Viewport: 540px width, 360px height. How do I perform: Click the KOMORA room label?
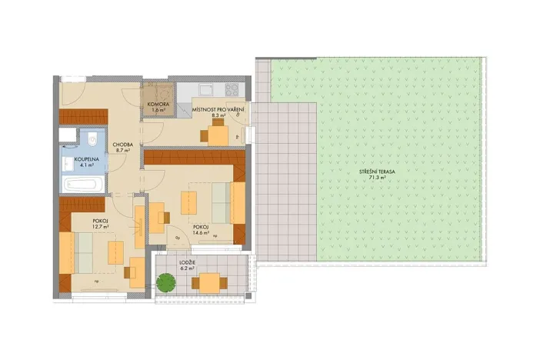click(x=158, y=105)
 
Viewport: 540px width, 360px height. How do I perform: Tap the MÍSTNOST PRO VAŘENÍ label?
click(x=219, y=109)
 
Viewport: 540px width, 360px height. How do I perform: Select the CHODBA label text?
click(x=122, y=145)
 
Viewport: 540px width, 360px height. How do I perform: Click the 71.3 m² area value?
click(x=376, y=178)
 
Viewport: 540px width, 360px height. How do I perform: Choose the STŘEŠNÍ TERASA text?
click(x=376, y=171)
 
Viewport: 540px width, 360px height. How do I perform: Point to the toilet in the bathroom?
click(x=91, y=140)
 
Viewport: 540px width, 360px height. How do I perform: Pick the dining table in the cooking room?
click(x=219, y=135)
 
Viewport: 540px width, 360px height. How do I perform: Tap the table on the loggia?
click(x=208, y=283)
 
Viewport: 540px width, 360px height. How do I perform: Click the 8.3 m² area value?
click(x=219, y=115)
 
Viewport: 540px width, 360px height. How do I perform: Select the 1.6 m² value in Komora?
click(x=158, y=111)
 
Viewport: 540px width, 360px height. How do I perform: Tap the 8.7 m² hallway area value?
click(x=122, y=151)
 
